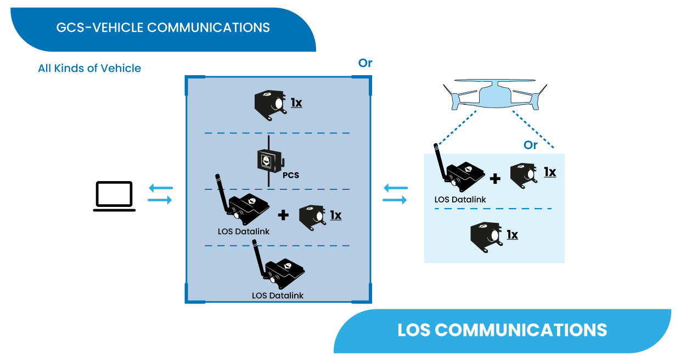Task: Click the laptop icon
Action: pos(114,196)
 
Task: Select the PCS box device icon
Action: pos(269,160)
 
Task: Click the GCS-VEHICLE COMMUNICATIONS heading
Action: pos(163,27)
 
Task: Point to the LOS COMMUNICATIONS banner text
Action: pos(502,330)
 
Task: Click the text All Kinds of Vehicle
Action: pos(89,69)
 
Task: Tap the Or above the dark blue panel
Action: pos(365,63)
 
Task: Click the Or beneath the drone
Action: pos(530,145)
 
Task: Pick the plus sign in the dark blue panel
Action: pos(283,215)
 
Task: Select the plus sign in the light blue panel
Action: pos(495,178)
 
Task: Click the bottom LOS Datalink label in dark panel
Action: pos(278,295)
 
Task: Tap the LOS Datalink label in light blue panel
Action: pos(460,199)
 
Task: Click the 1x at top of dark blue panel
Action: pos(296,103)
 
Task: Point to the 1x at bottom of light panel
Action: pos(512,235)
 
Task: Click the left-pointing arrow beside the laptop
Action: pos(160,188)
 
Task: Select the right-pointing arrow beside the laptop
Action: pos(160,200)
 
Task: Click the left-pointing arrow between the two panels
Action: pos(395,188)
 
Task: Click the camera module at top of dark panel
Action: pos(269,104)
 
